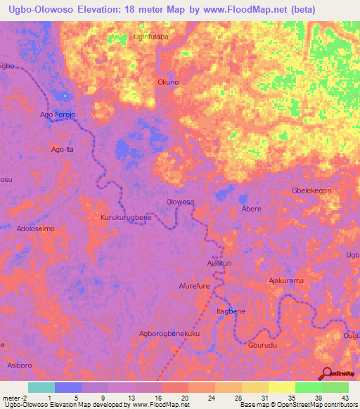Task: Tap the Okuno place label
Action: (168, 82)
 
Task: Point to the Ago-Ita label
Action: (63, 149)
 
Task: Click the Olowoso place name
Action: (180, 202)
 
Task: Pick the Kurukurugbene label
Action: (126, 218)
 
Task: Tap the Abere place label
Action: (252, 209)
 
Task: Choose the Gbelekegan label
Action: (311, 190)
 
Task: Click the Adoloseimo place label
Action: (35, 228)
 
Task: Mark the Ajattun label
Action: (219, 263)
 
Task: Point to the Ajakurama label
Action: (286, 280)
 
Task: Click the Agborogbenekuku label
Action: (170, 333)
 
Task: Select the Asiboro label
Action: (20, 365)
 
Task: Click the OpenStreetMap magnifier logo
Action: (327, 373)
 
